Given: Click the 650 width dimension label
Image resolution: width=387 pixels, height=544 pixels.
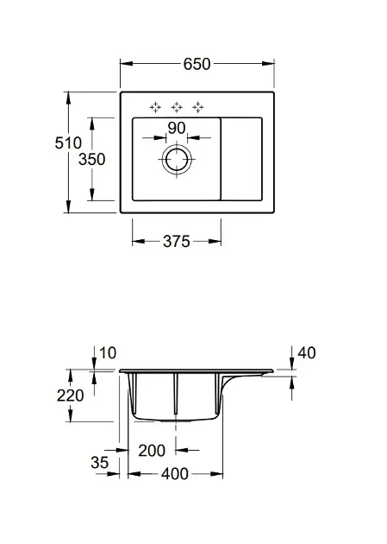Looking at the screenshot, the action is click(x=197, y=64).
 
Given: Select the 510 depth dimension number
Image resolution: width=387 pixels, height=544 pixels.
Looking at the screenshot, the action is click(x=68, y=143).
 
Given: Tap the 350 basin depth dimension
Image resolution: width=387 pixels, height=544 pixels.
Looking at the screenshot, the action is click(x=91, y=160).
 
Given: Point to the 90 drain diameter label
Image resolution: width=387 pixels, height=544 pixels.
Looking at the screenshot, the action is click(x=177, y=128).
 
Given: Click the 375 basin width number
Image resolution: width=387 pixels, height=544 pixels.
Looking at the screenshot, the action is click(x=177, y=242).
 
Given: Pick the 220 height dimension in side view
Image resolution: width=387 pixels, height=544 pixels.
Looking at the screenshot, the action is click(x=71, y=395).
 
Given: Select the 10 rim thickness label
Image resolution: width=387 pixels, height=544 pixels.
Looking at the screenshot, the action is click(x=108, y=353).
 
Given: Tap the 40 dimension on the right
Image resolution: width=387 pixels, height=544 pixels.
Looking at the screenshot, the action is click(x=307, y=353).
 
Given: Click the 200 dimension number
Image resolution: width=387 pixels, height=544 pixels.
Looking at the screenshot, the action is click(x=152, y=451).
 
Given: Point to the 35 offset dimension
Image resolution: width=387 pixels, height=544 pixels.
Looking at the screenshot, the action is click(x=100, y=463).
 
